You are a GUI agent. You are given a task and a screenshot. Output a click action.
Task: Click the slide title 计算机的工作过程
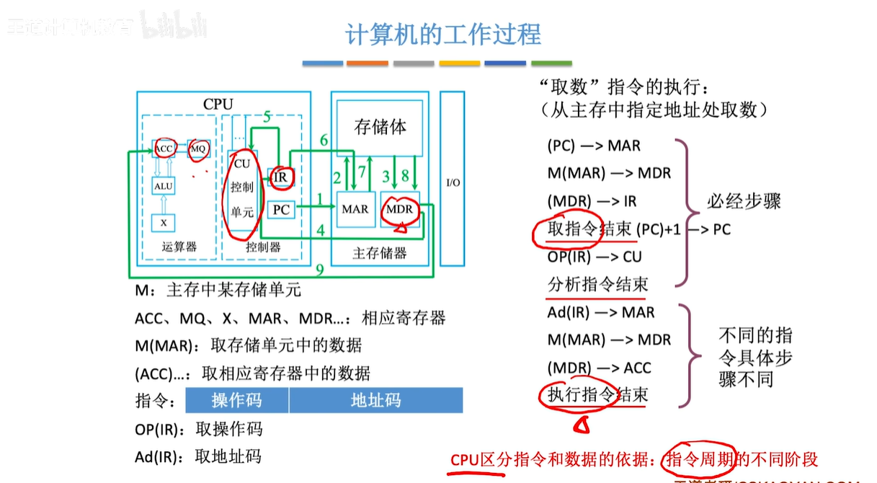click(443, 35)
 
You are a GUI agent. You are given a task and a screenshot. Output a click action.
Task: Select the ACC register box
click(164, 149)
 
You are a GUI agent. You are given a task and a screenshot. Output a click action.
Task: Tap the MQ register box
click(198, 149)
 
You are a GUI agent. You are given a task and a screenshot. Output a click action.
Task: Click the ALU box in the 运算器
click(164, 186)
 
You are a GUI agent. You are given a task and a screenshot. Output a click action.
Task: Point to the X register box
click(164, 222)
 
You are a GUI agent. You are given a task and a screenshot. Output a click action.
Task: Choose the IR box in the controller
click(280, 177)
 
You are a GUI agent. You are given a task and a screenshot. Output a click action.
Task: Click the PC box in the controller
click(282, 210)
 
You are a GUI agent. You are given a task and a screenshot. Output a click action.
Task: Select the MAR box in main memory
click(355, 209)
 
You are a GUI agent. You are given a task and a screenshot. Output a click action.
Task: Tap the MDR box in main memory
click(400, 209)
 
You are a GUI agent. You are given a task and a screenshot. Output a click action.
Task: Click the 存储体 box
click(380, 128)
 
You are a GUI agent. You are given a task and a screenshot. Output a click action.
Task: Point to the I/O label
click(453, 182)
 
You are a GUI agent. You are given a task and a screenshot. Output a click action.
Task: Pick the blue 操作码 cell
click(237, 400)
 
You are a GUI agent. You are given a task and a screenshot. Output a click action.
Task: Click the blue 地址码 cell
click(375, 400)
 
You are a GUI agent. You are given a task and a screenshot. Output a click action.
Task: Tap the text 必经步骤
click(744, 201)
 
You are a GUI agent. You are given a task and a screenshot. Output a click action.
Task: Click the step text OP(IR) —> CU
click(595, 257)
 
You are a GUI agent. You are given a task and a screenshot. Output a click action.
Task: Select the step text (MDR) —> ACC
click(599, 368)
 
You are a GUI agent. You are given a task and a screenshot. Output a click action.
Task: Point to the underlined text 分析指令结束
click(597, 284)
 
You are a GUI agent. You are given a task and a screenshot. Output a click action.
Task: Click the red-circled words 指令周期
click(698, 459)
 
